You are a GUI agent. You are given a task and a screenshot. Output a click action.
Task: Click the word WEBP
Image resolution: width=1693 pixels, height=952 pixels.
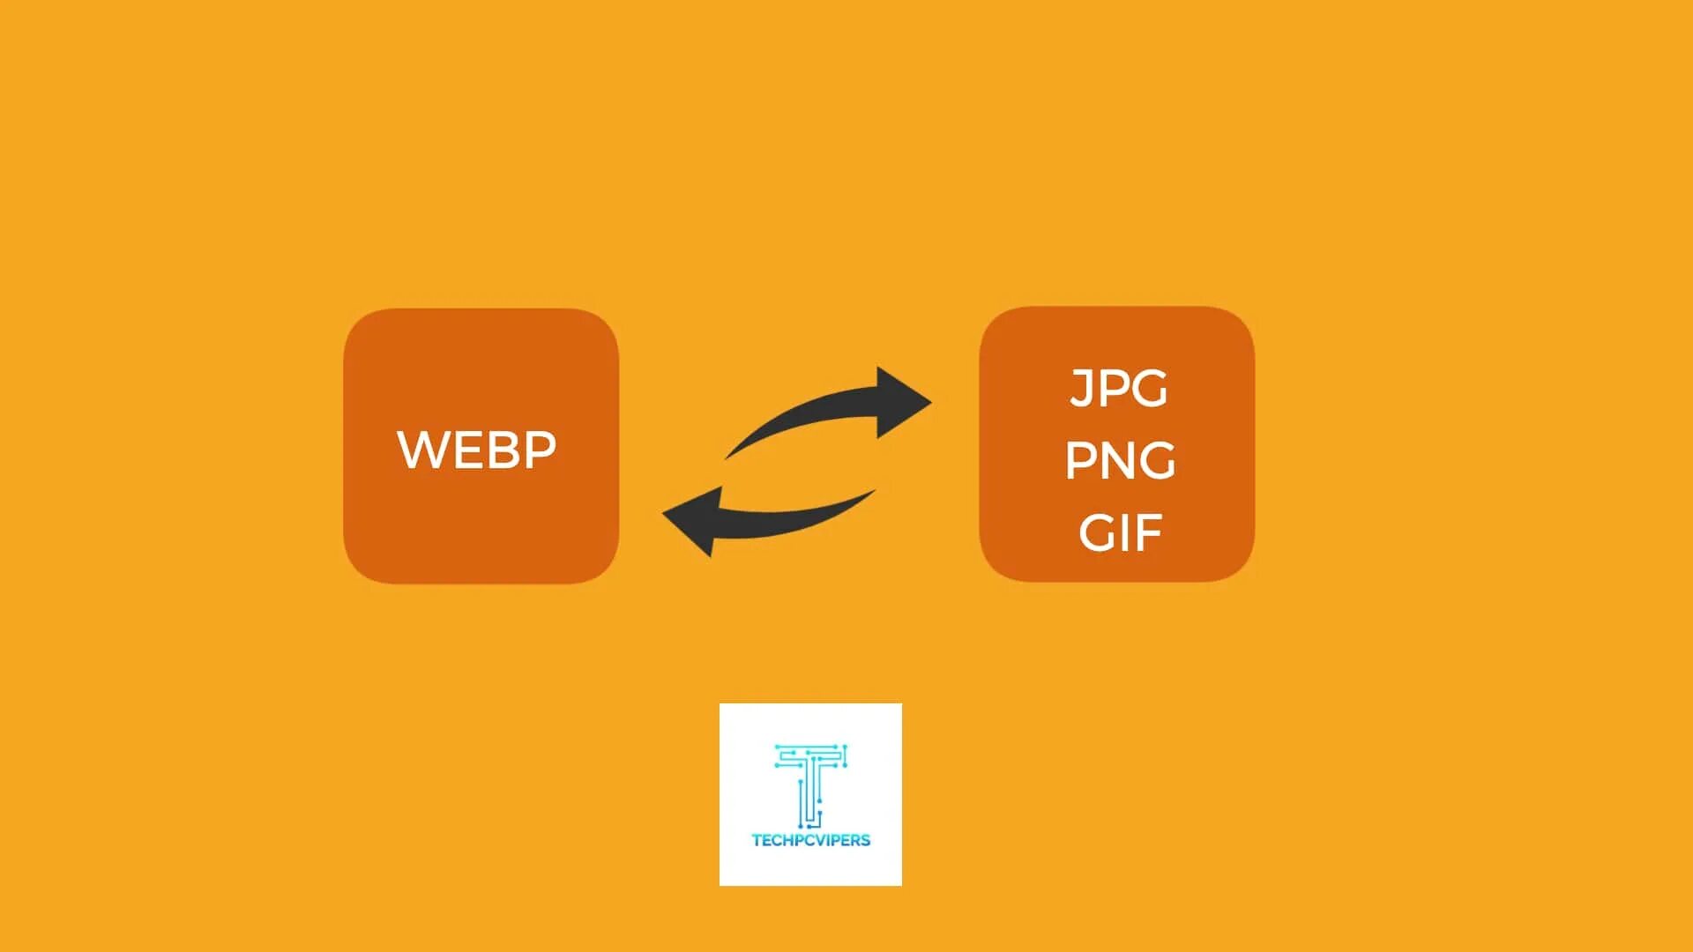(477, 450)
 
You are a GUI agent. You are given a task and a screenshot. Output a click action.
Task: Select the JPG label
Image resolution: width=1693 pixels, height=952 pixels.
(1119, 389)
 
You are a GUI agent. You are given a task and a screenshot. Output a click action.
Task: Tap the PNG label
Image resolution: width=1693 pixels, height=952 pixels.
(1120, 460)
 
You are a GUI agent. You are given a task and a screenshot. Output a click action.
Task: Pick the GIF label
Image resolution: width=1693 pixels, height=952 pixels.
(1120, 532)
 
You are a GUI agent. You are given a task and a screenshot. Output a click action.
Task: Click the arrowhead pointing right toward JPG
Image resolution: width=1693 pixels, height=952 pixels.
(902, 402)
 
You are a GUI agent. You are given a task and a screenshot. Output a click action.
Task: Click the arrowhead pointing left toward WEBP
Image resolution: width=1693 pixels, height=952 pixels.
(692, 520)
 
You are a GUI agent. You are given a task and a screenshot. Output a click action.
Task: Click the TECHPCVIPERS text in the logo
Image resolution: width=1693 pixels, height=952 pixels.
(810, 840)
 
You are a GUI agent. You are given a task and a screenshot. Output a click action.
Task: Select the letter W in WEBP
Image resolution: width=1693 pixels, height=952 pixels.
(421, 450)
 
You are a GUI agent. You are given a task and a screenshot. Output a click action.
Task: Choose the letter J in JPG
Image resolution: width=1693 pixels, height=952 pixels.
(1080, 389)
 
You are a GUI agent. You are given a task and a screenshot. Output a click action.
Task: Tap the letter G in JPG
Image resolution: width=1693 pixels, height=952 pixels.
(1149, 389)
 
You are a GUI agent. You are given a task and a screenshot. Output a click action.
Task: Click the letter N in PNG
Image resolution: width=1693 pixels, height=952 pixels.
(1117, 460)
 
